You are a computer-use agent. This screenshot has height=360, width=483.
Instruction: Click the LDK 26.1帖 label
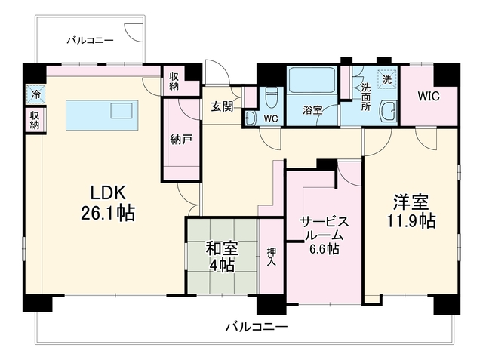108,203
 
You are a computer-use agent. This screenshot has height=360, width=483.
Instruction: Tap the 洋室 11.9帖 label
411,211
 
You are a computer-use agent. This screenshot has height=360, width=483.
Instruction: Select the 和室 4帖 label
222,257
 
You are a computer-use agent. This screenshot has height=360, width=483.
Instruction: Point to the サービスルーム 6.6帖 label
325,235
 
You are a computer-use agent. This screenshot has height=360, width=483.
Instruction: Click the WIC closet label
429,96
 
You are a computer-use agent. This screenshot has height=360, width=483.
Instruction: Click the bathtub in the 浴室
312,80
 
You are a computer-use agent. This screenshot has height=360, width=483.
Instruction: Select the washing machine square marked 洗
387,79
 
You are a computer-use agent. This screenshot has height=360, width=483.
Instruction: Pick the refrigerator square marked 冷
35,94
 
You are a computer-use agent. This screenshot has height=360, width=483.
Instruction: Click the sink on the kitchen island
122,110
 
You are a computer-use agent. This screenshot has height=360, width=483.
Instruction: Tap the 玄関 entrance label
222,107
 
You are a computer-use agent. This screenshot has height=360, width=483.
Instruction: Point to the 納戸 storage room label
181,140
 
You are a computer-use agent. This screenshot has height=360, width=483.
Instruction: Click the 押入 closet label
272,257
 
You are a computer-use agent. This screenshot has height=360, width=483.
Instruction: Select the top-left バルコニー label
91,40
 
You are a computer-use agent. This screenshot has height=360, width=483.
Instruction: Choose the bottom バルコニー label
257,326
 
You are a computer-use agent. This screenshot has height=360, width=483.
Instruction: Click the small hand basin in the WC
250,118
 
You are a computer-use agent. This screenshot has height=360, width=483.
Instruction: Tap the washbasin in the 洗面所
389,112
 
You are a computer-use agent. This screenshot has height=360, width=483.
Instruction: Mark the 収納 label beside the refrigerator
35,120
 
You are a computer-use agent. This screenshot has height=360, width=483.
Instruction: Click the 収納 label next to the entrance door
174,81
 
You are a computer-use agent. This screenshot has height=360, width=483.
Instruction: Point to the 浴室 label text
312,110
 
